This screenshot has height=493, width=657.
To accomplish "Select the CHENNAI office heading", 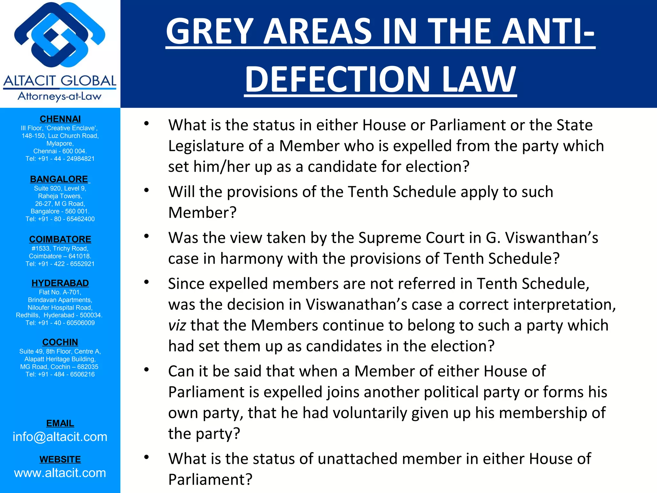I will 60,119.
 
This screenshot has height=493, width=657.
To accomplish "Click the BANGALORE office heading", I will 59,179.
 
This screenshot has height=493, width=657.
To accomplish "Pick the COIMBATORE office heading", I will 60,239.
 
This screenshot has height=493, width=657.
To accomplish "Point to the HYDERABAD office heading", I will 60,283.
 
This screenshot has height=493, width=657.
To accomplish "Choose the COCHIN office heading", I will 60,342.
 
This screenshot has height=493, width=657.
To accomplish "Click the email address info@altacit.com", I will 60,437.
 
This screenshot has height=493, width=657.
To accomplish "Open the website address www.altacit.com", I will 60,473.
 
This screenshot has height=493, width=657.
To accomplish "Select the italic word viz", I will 177,325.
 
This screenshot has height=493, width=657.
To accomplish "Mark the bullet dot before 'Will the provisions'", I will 147,190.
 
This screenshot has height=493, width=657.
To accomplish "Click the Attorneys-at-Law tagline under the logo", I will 60,96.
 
